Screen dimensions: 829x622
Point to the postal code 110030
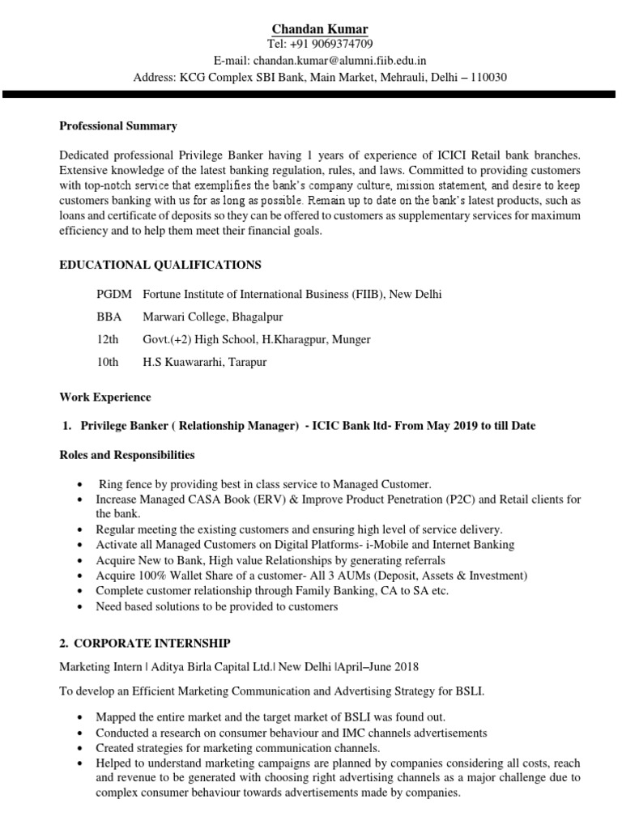tap(487, 78)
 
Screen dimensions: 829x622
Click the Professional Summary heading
tap(118, 126)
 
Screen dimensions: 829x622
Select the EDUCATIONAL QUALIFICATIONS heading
tap(160, 264)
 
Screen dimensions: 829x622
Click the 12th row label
tap(107, 339)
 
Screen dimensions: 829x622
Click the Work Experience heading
tap(104, 397)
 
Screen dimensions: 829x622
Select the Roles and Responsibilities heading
tap(126, 454)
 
